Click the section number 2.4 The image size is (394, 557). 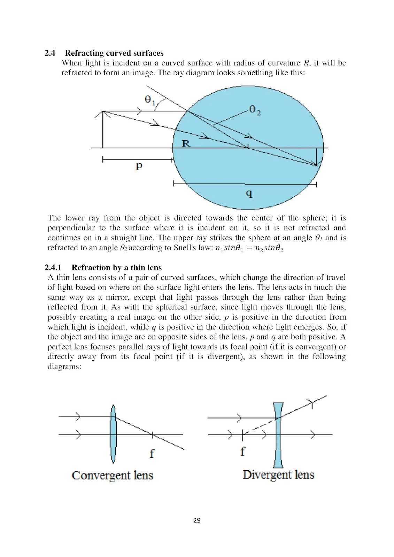[x=50, y=53]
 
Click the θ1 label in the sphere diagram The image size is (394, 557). [x=150, y=100]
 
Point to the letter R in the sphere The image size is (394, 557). [x=186, y=143]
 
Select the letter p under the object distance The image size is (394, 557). [x=139, y=166]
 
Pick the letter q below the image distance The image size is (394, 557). [x=249, y=194]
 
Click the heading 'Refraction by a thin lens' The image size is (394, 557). [x=117, y=268]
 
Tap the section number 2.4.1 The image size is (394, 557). [x=53, y=268]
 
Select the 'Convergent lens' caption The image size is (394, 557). [x=113, y=475]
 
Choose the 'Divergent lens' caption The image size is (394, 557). [x=278, y=475]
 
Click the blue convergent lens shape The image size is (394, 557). [x=113, y=434]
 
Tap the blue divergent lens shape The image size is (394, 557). [x=278, y=435]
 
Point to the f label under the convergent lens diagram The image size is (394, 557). [x=152, y=453]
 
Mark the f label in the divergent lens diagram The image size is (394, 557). [x=243, y=452]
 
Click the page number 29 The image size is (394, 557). [x=197, y=520]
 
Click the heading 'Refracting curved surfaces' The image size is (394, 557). [x=114, y=53]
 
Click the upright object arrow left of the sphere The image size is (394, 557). [x=103, y=130]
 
